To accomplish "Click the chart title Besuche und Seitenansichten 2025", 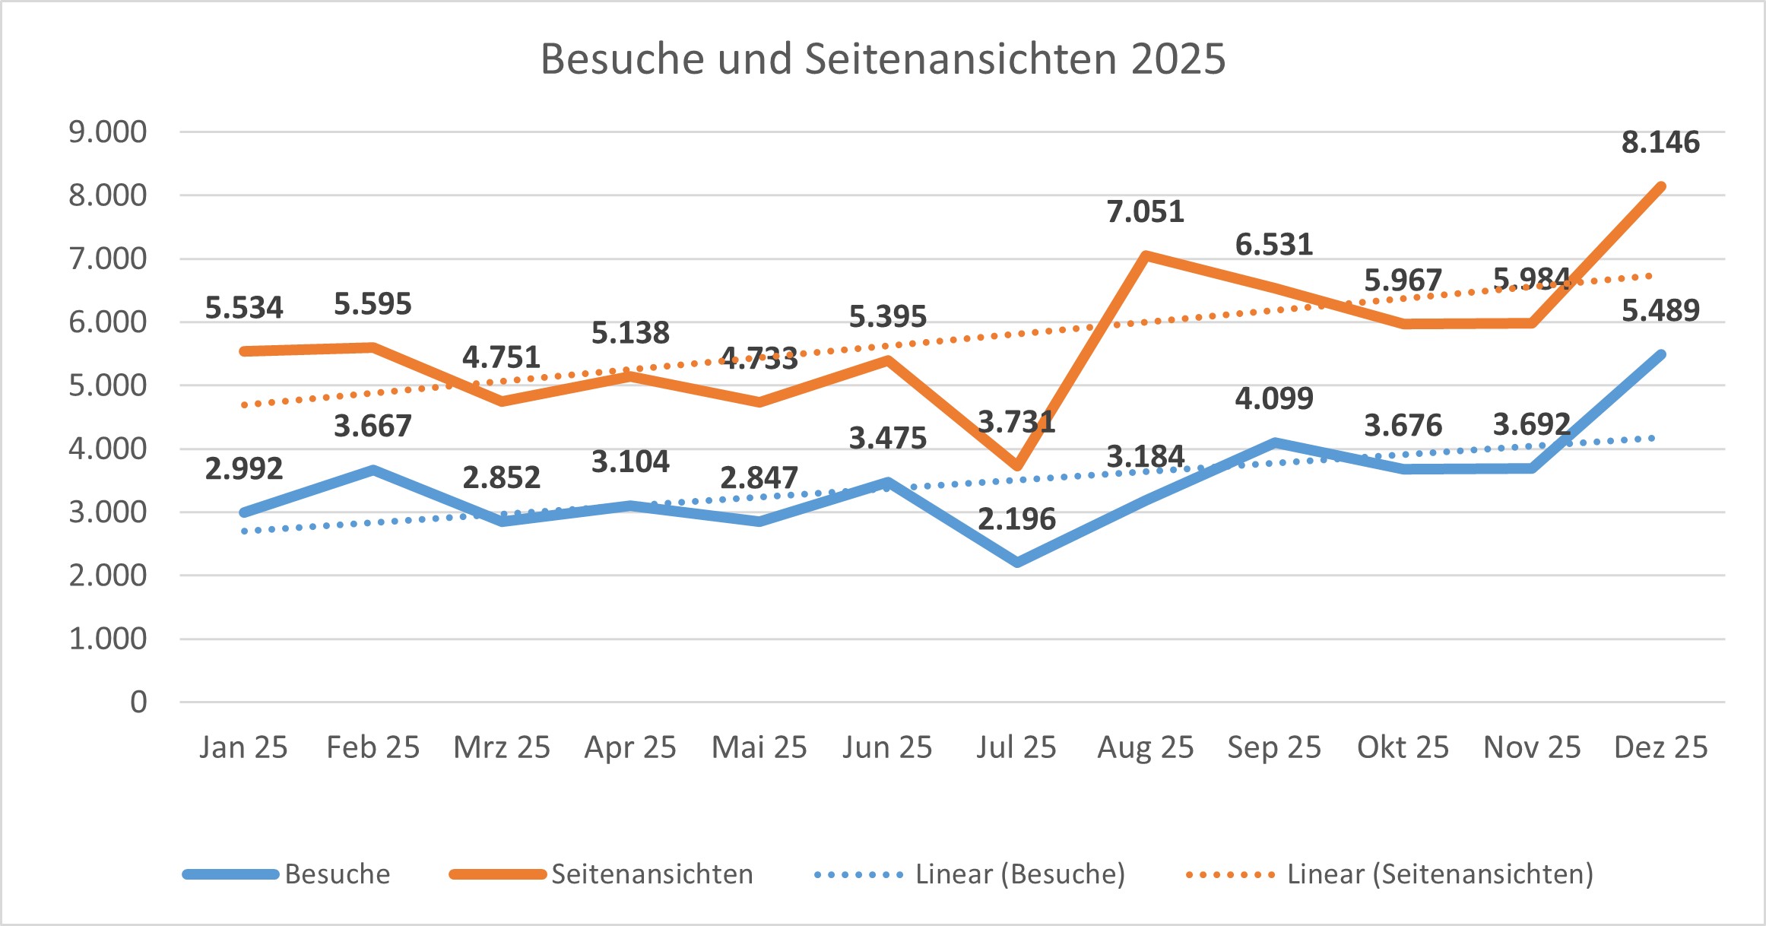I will coord(883,59).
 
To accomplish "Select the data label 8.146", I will coord(1660,143).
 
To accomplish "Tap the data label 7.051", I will coord(1146,212).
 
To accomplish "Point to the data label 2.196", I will coord(1016,520).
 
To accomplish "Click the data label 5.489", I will coord(1660,311).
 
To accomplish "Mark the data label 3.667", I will coord(373,427).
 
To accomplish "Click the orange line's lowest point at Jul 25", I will coord(1017,465).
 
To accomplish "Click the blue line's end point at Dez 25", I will coord(1660,355).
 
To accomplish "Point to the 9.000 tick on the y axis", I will coord(108,132).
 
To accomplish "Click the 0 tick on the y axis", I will coord(138,702).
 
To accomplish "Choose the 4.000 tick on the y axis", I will coord(108,449).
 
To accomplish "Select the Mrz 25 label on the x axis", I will coord(502,748).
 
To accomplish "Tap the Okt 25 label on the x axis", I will coord(1403,748).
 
